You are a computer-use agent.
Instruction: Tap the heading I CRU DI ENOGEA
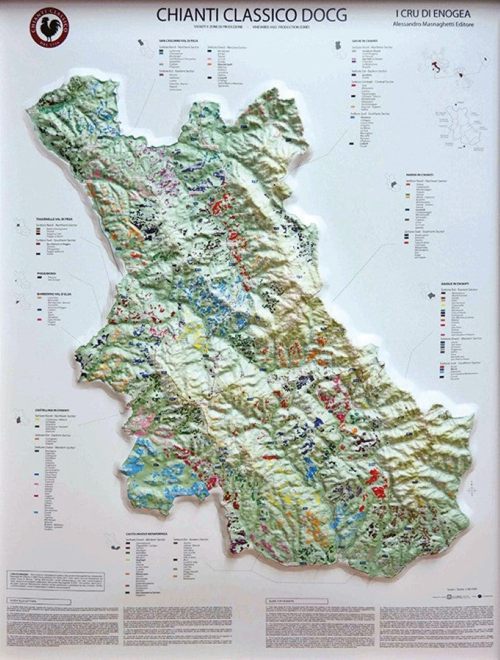pos(431,12)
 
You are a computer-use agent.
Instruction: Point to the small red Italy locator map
pos(436,66)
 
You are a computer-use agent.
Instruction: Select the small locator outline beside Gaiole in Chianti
pos(431,294)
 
